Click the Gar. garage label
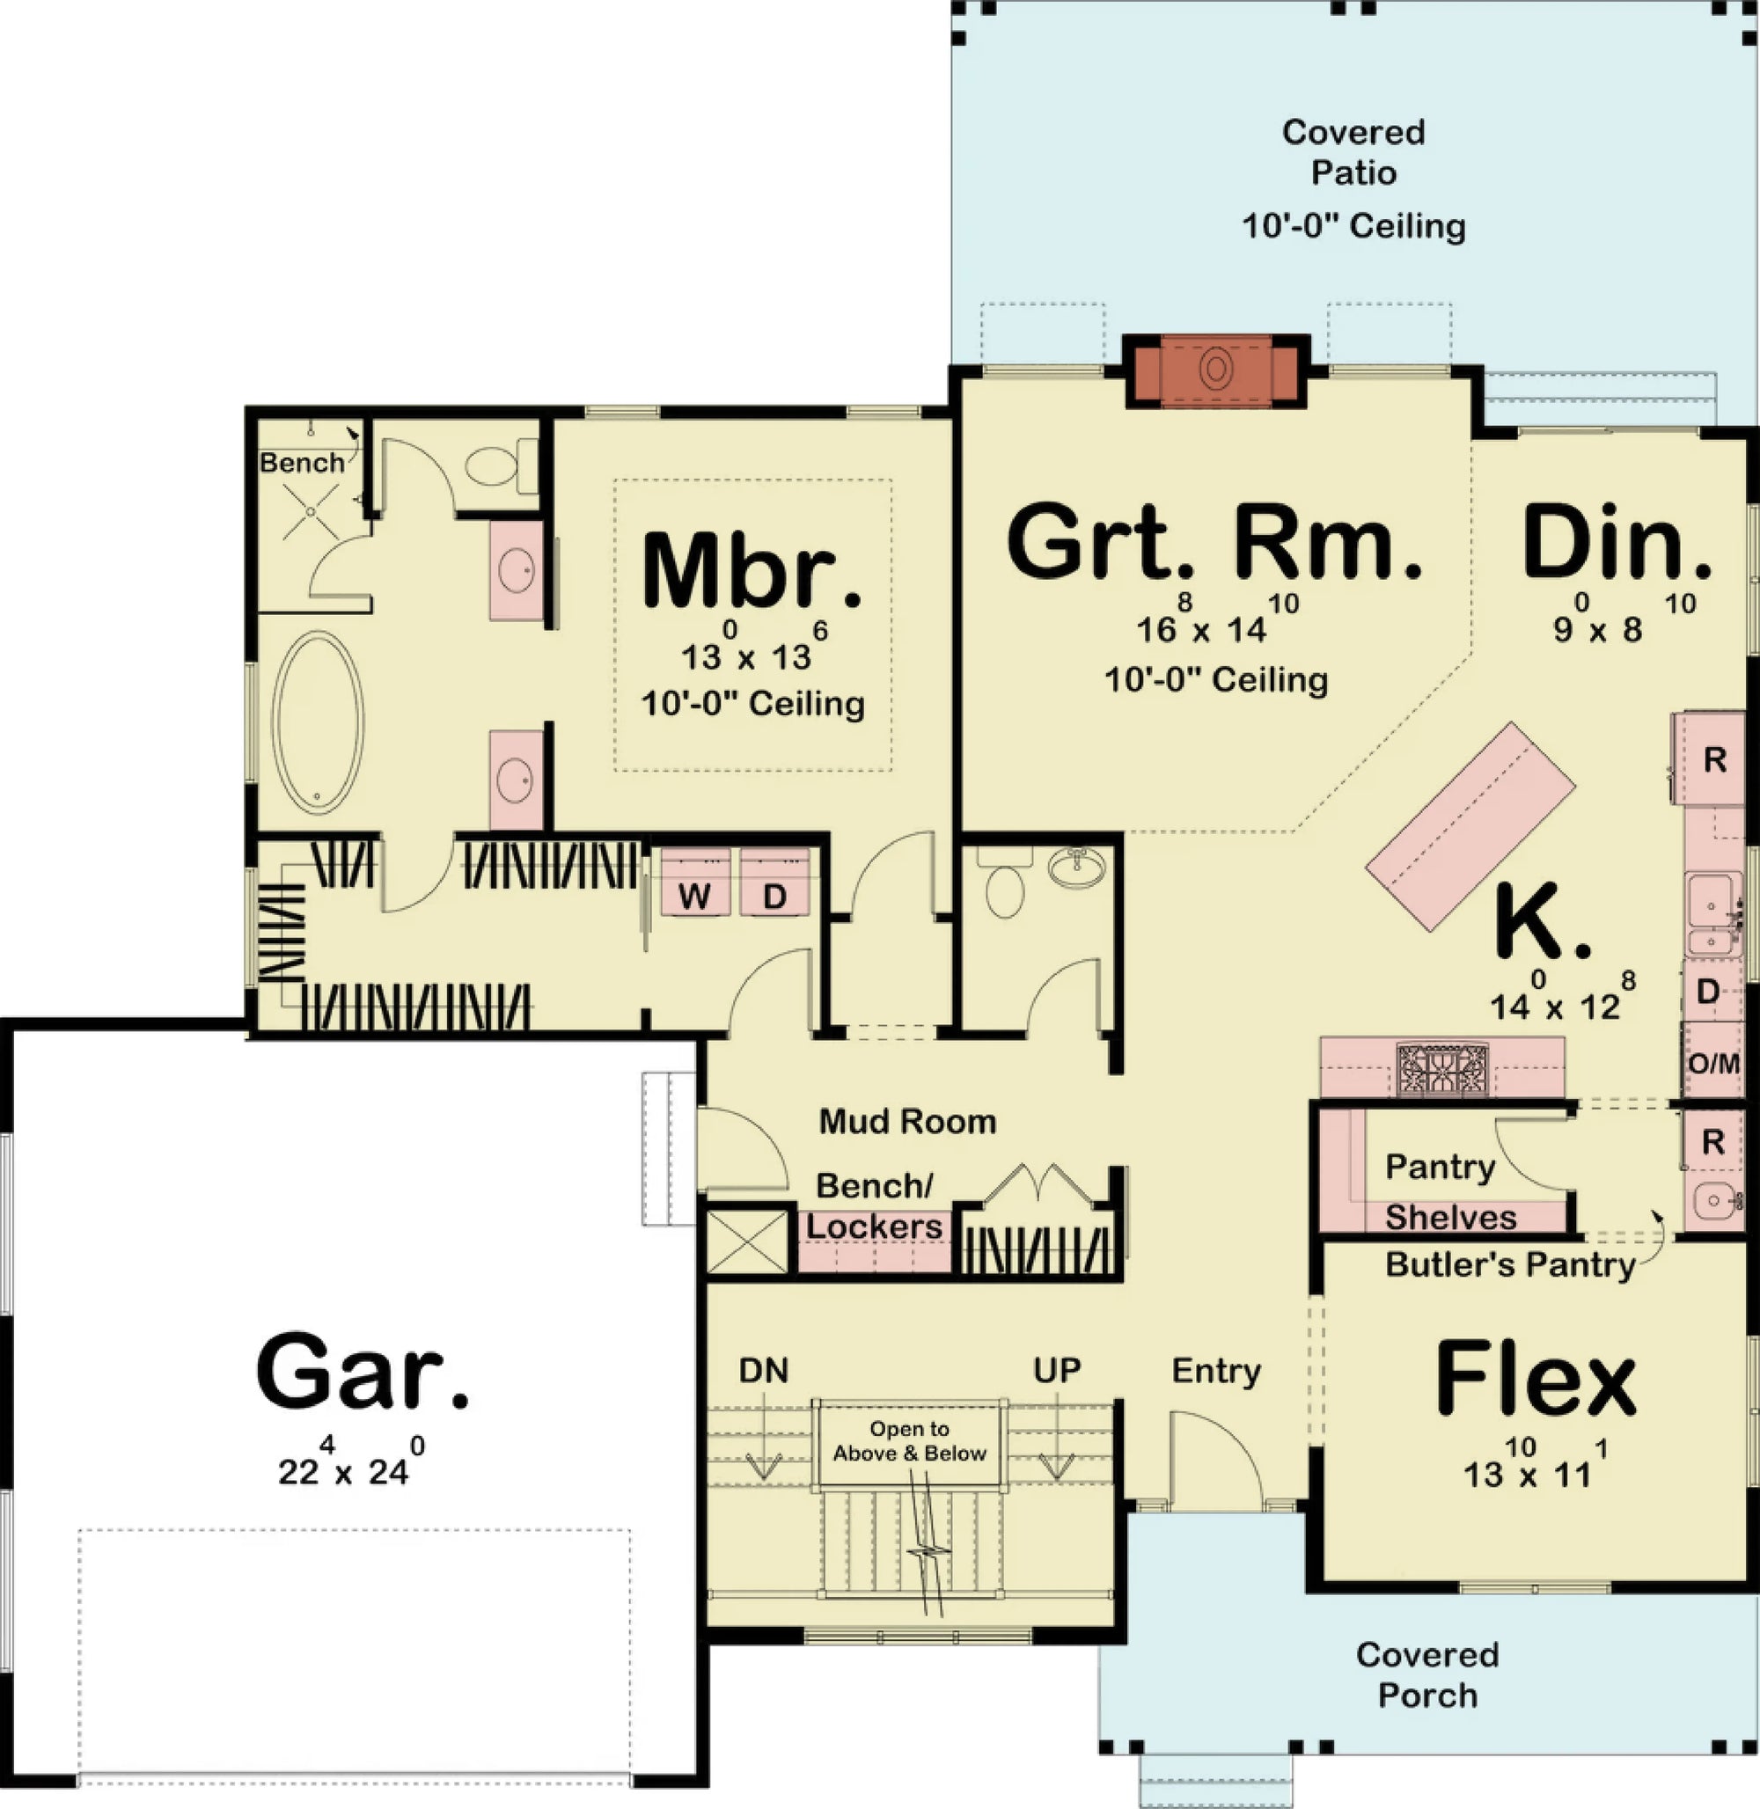coord(363,1371)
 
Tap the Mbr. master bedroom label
coord(752,572)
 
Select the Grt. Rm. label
coord(1214,543)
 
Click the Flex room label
coord(1536,1381)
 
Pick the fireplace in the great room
coord(1215,370)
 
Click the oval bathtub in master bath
coord(318,722)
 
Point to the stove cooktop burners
coord(1443,1070)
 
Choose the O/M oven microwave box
coord(1712,1063)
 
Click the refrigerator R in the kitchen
coord(1713,760)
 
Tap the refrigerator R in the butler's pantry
coord(1712,1141)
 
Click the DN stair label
coord(764,1370)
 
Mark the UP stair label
coord(1057,1370)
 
